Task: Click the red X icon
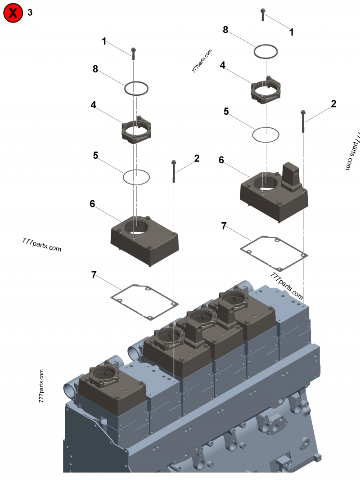point(13,13)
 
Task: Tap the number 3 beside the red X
point(30,13)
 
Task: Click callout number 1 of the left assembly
point(104,41)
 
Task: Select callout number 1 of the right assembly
point(291,32)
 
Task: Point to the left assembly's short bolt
point(133,53)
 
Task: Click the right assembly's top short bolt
point(262,14)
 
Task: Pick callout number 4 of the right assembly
point(222,65)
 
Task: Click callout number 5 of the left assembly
point(95,155)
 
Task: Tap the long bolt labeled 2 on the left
point(173,171)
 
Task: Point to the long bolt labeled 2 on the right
point(303,121)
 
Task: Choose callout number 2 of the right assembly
point(333,104)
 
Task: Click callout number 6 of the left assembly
point(92,203)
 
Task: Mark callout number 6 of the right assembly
point(221,160)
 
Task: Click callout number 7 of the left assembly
point(94,275)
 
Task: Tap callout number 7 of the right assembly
point(224,226)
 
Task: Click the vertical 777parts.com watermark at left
point(41,386)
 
